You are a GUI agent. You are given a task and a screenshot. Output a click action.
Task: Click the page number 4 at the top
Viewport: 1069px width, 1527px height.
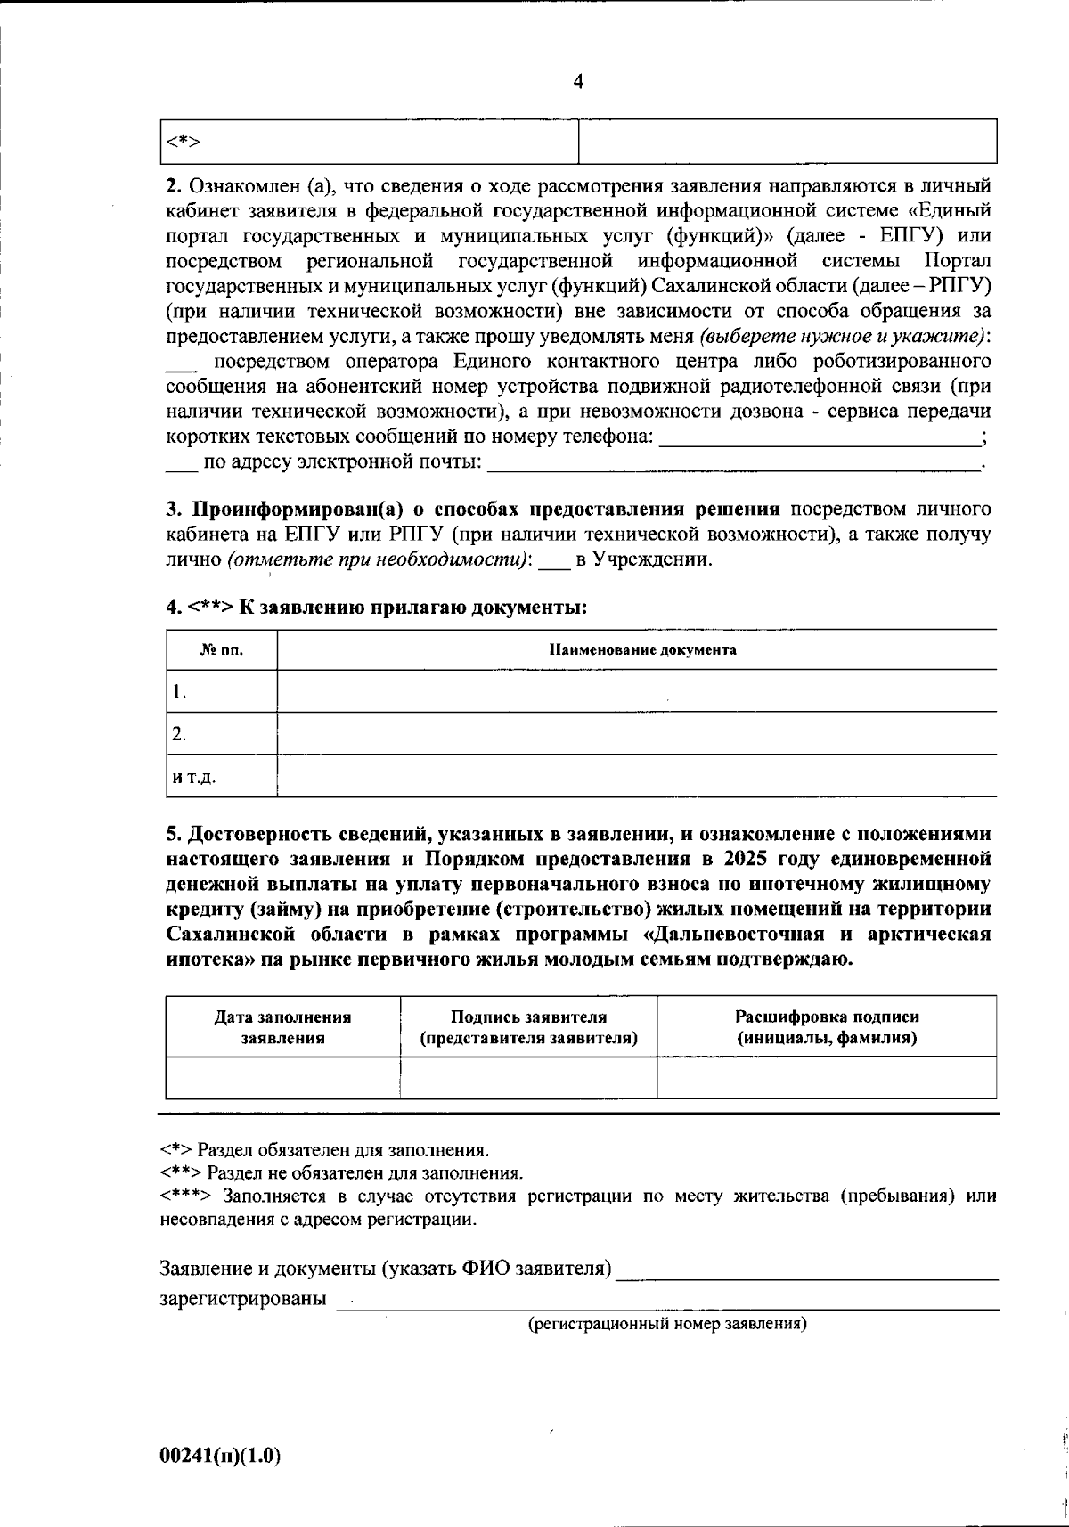tap(578, 82)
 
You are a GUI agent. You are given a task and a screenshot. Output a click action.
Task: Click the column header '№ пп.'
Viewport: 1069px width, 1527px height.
tap(222, 649)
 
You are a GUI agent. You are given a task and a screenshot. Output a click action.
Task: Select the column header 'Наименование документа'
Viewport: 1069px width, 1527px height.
tap(641, 649)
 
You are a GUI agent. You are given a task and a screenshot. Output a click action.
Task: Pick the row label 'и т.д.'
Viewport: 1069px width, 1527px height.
tap(194, 777)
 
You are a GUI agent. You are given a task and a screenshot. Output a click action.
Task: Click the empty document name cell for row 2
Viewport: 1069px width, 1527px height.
tap(636, 733)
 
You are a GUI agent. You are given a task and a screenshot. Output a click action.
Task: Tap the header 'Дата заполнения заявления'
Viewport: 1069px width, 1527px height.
tap(283, 1027)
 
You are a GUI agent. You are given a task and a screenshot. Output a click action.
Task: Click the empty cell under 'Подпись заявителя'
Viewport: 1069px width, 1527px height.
tap(528, 1078)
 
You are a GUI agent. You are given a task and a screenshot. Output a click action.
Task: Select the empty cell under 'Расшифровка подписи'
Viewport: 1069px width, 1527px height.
tap(826, 1078)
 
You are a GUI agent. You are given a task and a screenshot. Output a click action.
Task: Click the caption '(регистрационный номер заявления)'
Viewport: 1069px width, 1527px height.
tap(667, 1324)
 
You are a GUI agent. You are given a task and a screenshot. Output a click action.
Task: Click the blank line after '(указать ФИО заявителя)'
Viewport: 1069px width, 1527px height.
tap(807, 1270)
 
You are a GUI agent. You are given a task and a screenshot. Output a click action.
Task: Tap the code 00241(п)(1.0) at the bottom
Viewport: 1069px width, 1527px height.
tap(220, 1457)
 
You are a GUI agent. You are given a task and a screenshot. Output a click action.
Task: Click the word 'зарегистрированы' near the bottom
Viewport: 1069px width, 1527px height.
tap(242, 1298)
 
